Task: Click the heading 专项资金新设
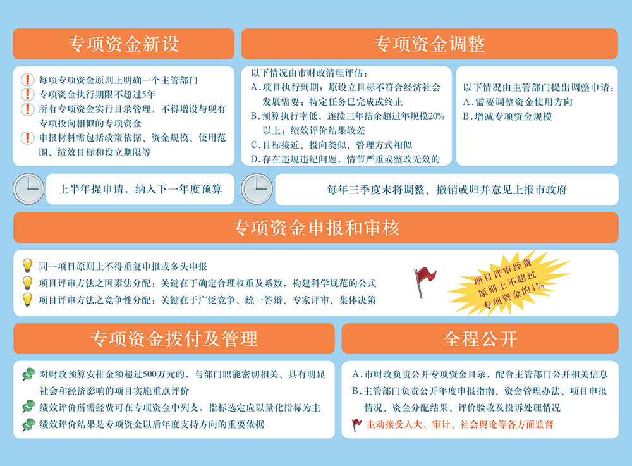(123, 44)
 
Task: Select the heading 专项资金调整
(429, 44)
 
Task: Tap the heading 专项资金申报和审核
(315, 228)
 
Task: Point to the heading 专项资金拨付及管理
(174, 339)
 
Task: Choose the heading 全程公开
(480, 339)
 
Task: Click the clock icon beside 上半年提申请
(28, 188)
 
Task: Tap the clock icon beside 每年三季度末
(257, 188)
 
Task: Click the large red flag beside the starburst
(425, 282)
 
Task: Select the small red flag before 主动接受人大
(356, 424)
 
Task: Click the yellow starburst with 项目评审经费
(509, 283)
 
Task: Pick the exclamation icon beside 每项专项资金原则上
(27, 80)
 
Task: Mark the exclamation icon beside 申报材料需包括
(27, 137)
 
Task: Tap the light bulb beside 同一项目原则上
(27, 266)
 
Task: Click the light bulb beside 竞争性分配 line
(27, 300)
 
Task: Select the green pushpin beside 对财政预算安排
(28, 374)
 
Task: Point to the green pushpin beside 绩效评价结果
(28, 424)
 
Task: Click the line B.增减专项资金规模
(507, 116)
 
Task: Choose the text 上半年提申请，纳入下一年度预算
(140, 189)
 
